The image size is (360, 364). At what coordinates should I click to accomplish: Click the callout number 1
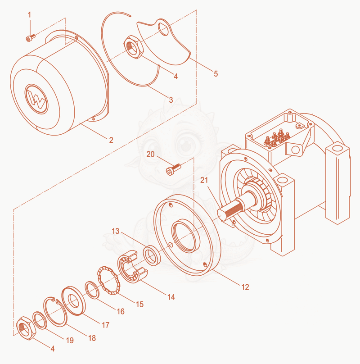pyautogui.click(x=29, y=15)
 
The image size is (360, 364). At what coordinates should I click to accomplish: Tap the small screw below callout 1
pyautogui.click(x=31, y=38)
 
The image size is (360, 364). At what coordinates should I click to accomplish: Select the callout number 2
pyautogui.click(x=111, y=140)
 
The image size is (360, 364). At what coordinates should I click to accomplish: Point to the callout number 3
pyautogui.click(x=171, y=100)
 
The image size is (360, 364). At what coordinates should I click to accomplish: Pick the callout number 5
pyautogui.click(x=216, y=73)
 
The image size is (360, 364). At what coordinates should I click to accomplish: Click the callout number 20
pyautogui.click(x=150, y=154)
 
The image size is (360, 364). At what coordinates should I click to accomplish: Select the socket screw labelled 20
pyautogui.click(x=173, y=169)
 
